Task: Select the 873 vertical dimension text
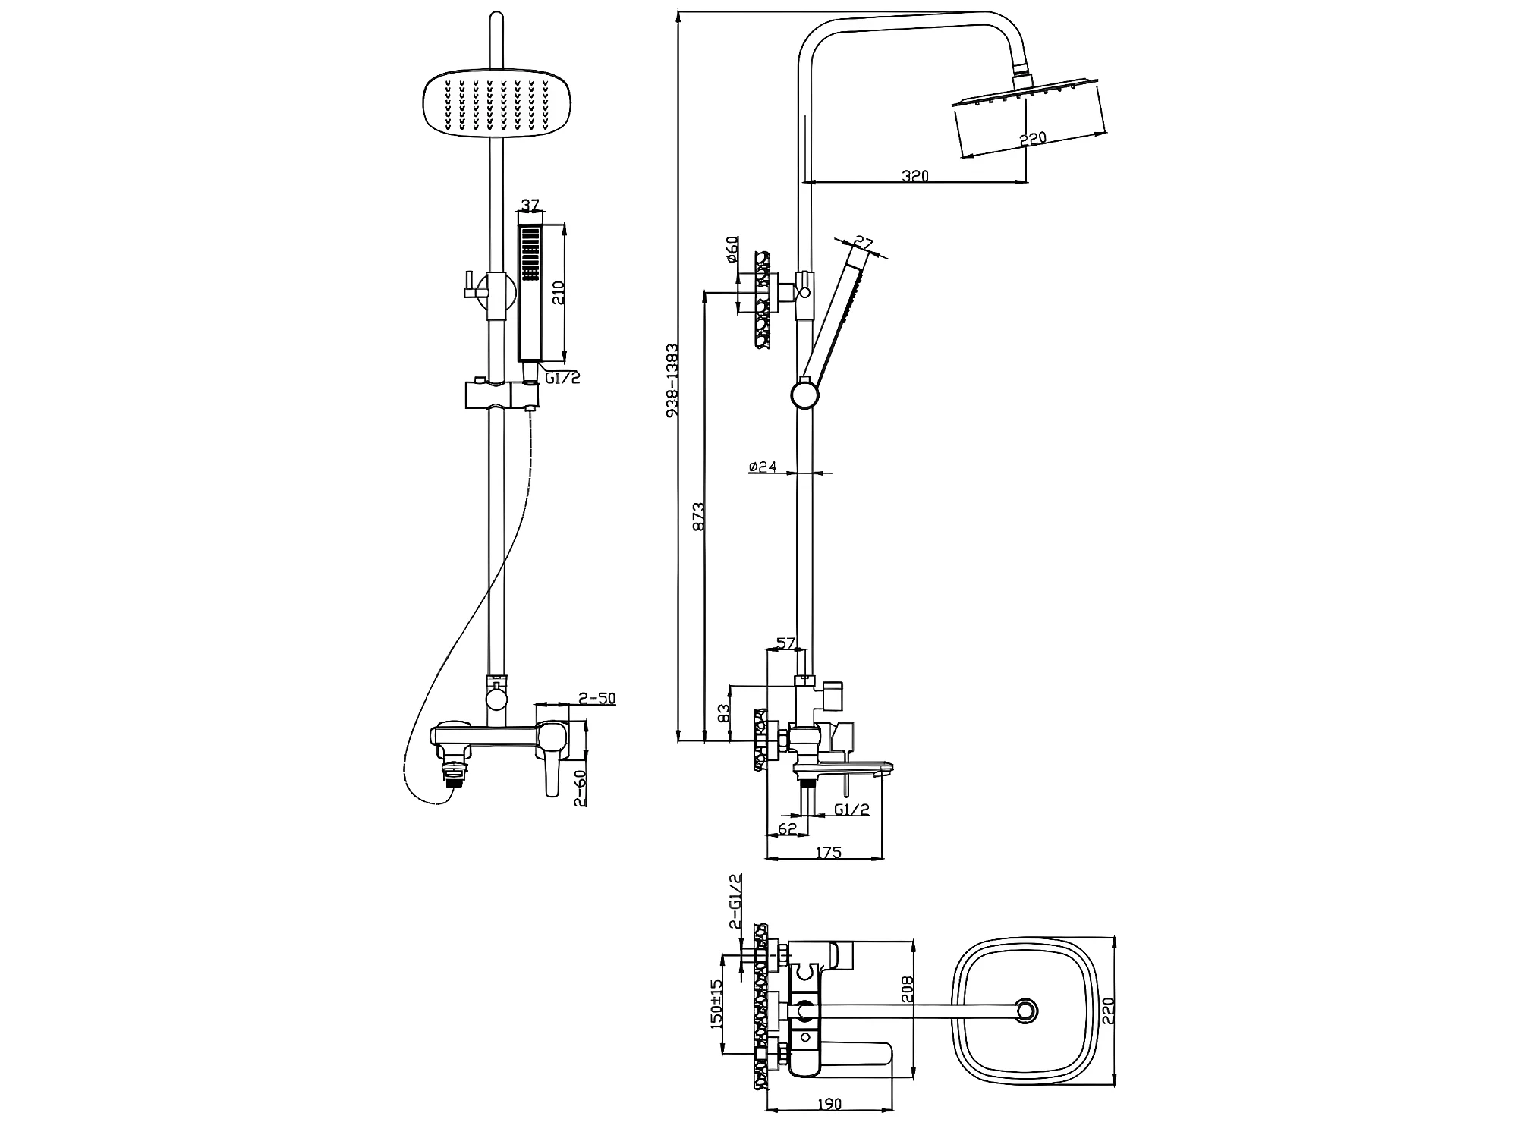[699, 515]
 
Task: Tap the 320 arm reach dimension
[915, 176]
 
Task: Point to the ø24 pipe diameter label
[763, 467]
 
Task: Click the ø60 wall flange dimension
[732, 249]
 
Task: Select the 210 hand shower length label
[559, 292]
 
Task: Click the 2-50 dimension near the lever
[597, 698]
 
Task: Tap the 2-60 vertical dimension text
[581, 789]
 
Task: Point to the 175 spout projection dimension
[829, 853]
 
